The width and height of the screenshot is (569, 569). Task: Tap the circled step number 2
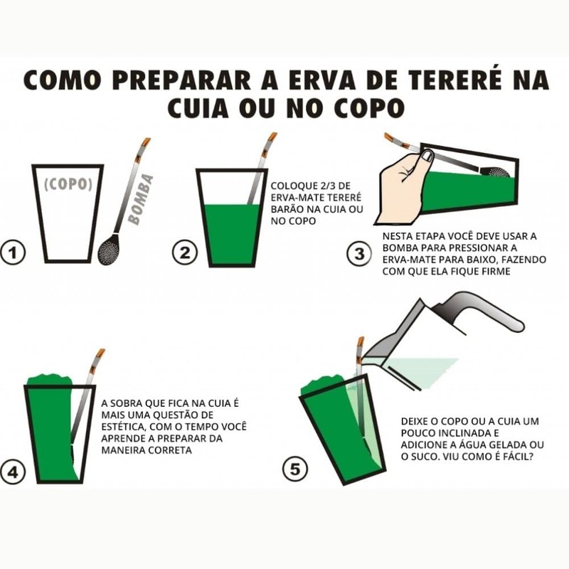point(184,252)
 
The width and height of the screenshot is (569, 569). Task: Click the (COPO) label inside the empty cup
point(68,184)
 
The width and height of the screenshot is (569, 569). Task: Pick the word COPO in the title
point(363,108)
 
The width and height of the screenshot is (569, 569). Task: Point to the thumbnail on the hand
point(427,155)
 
